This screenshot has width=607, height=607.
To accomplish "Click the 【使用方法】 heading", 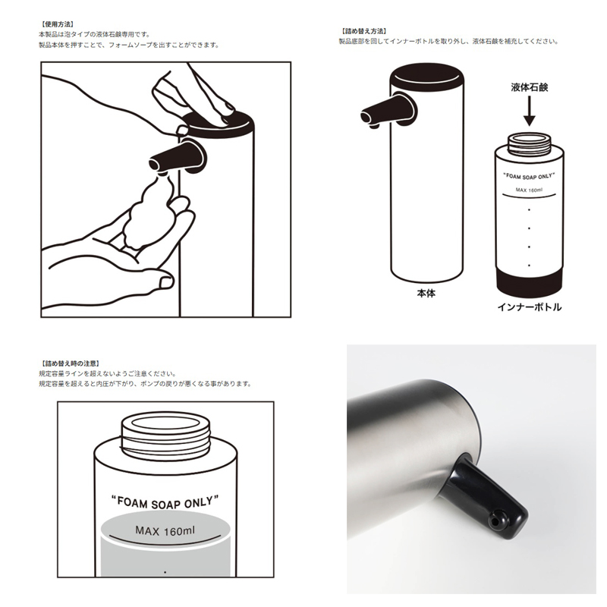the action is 57,24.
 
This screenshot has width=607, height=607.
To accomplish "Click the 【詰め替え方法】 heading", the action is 364,31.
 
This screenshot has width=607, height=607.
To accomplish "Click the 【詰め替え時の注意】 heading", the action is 71,363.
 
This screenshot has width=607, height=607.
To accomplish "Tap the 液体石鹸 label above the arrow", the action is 529,87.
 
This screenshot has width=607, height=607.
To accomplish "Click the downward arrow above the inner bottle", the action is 529,111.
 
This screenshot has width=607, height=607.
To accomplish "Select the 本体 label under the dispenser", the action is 426,294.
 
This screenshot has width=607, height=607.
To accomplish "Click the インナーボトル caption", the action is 529,307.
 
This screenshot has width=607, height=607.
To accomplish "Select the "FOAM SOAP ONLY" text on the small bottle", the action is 529,177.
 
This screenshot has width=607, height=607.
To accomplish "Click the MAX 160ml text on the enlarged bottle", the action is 165,530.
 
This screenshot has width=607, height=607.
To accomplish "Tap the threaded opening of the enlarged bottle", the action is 165,432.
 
